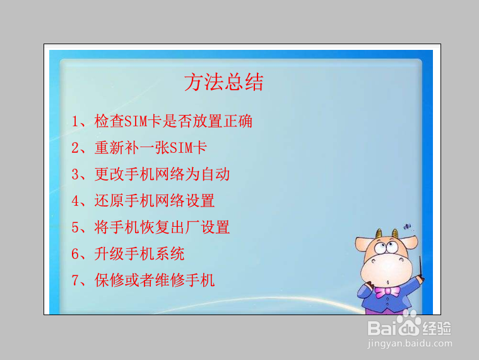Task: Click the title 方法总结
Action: pyautogui.click(x=223, y=83)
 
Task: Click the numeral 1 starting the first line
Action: pyautogui.click(x=75, y=121)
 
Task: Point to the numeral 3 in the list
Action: pyautogui.click(x=75, y=174)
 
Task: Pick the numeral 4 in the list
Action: pyautogui.click(x=75, y=201)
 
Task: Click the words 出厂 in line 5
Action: pyautogui.click(x=184, y=227)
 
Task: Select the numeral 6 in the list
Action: pyautogui.click(x=75, y=254)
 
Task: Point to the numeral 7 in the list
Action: pyautogui.click(x=75, y=280)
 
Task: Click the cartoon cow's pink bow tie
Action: pyautogui.click(x=387, y=291)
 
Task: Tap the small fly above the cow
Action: pyautogui.click(x=408, y=225)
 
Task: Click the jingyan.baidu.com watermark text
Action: pyautogui.click(x=410, y=344)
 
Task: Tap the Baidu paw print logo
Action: pyautogui.click(x=410, y=326)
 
